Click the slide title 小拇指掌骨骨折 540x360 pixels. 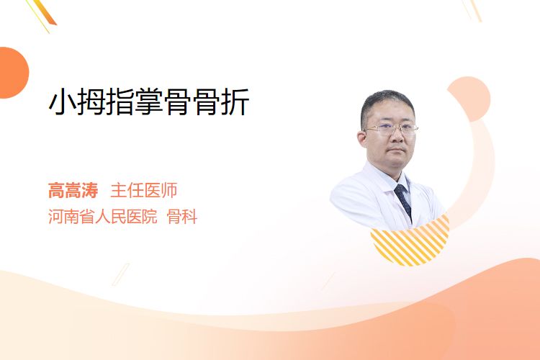pyautogui.click(x=149, y=102)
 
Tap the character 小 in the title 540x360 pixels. pyautogui.click(x=63, y=102)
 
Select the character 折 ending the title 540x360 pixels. pyautogui.click(x=235, y=102)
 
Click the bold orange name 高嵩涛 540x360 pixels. pyautogui.click(x=73, y=190)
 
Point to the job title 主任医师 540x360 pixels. pyautogui.click(x=143, y=190)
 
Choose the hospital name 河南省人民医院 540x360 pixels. pyautogui.click(x=103, y=216)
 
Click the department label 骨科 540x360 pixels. pyautogui.click(x=182, y=216)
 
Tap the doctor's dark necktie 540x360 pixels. pyautogui.click(x=403, y=201)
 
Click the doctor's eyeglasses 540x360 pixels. pyautogui.click(x=391, y=129)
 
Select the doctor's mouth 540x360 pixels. pyautogui.click(x=397, y=150)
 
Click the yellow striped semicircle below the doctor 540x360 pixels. pyautogui.click(x=410, y=243)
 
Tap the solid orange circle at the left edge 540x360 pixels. pyautogui.click(x=13, y=73)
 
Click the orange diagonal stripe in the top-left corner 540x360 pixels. pyautogui.click(x=47, y=12)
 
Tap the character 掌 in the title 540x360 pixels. pyautogui.click(x=149, y=102)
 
